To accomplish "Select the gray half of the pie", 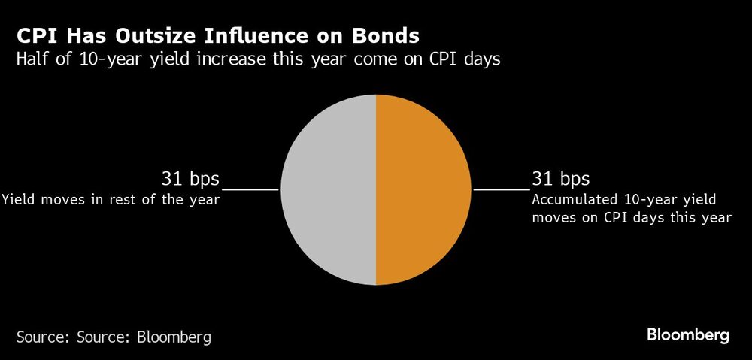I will pos(329,190).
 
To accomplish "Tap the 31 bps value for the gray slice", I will pos(190,179).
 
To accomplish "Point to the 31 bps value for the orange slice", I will pos(560,179).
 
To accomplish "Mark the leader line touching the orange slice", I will pos(500,190).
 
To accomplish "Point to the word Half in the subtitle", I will pos(32,60).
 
